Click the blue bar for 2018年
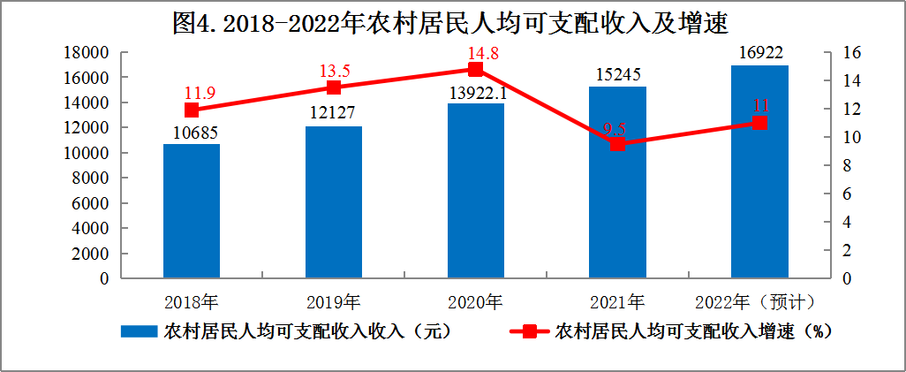192,211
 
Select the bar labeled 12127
334,202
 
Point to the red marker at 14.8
476,69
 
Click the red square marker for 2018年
192,110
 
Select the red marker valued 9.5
617,144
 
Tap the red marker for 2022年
759,123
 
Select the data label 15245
617,75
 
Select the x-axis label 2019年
334,302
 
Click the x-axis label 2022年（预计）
753,302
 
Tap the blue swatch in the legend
139,331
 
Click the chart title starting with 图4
453,22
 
